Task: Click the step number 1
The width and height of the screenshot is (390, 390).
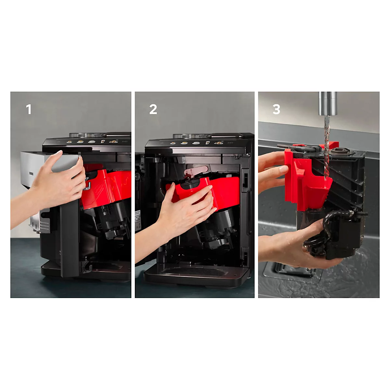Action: (29, 109)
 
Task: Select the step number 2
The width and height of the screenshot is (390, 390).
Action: (153, 109)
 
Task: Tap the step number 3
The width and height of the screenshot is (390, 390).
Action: (276, 109)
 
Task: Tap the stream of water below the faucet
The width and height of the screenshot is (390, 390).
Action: (326, 146)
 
